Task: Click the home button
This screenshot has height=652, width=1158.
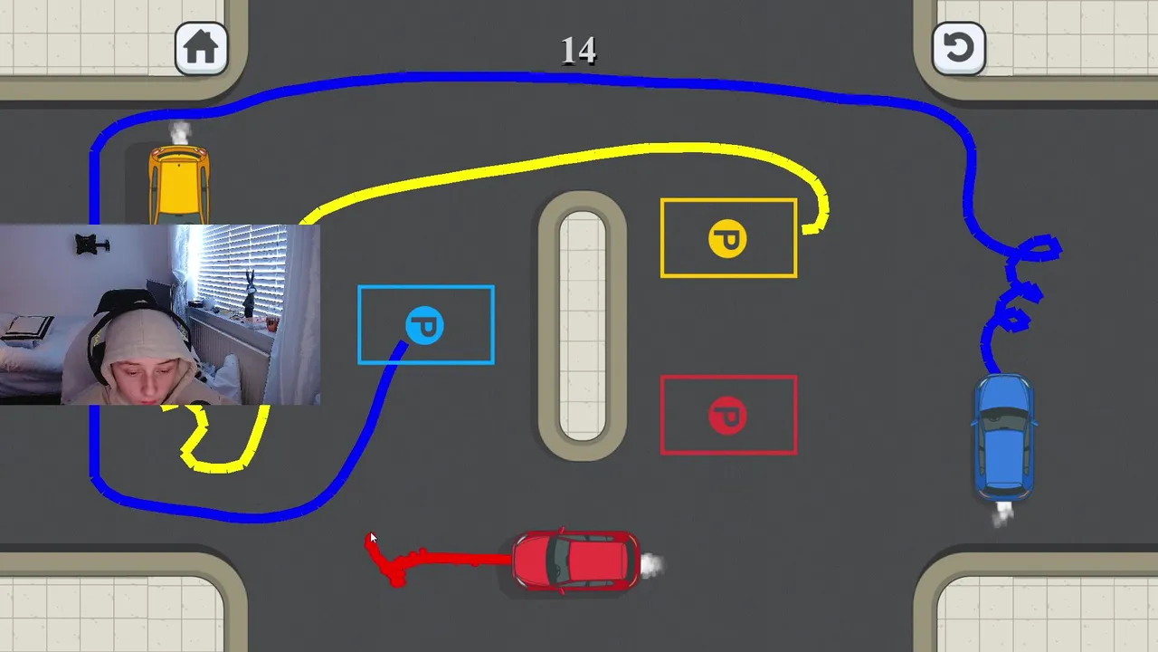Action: coord(201,48)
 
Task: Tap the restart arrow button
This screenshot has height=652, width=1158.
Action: coord(958,48)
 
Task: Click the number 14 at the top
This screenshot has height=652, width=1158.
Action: coord(578,51)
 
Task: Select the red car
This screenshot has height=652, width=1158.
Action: coord(575,561)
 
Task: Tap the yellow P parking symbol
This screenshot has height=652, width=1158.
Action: coord(727,239)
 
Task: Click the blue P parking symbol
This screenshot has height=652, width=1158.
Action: coord(424,325)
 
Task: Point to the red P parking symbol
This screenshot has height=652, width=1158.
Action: coord(727,416)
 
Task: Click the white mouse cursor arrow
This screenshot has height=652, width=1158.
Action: coord(372,538)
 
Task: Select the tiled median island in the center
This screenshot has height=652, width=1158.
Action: coord(582,325)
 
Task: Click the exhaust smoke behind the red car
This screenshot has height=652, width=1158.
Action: coord(651,565)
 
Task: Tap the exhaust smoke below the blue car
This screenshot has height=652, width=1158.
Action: coord(1002,513)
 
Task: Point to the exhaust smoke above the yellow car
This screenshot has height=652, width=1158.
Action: coord(181,132)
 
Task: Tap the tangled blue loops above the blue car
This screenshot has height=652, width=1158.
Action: coord(1026,281)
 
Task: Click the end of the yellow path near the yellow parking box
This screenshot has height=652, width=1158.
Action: coord(808,229)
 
